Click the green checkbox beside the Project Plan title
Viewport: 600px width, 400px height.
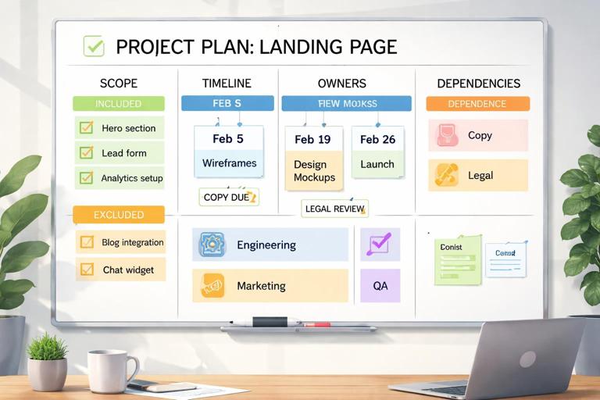[94, 46]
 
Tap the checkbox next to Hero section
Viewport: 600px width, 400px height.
[87, 128]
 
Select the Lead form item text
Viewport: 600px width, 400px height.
[123, 153]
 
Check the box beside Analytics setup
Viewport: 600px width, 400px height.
[87, 178]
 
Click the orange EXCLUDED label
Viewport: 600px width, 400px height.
[119, 214]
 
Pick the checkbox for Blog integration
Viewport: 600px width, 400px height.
[87, 242]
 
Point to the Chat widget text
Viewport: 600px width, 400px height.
[128, 270]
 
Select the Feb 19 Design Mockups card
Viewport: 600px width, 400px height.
[313, 159]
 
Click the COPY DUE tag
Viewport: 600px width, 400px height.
[228, 198]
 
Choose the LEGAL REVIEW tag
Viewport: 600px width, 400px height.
[334, 209]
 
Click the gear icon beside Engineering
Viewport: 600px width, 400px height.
[212, 245]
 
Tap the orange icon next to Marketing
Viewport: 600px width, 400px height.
[212, 286]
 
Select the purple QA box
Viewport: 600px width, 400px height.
[380, 286]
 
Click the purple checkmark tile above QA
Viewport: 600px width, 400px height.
[380, 244]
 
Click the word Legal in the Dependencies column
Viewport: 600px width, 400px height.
[480, 175]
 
